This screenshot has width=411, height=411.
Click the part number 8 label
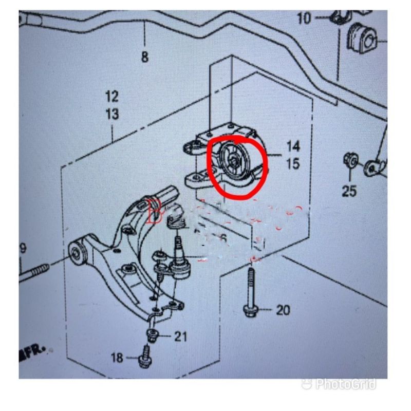click(x=144, y=57)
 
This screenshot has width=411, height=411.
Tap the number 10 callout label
click(x=304, y=18)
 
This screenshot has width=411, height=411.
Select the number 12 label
click(x=112, y=96)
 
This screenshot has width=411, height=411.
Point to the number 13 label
click(x=112, y=114)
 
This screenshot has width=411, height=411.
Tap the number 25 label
click(x=349, y=191)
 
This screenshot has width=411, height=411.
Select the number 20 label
click(x=283, y=310)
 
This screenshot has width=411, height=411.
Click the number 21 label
click(x=180, y=337)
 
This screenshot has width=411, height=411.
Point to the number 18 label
click(x=117, y=357)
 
